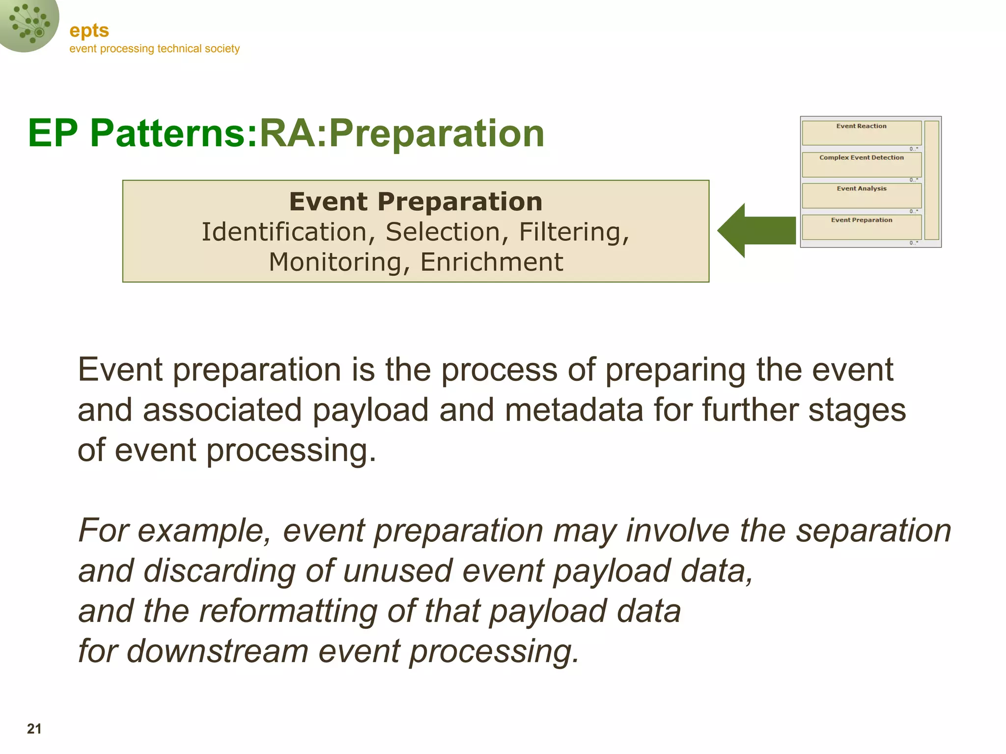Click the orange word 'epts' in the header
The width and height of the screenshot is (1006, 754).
click(89, 30)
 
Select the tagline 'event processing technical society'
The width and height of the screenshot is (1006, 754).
click(154, 49)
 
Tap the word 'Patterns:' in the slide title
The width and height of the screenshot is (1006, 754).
click(174, 133)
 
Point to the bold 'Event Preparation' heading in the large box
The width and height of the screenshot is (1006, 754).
click(416, 202)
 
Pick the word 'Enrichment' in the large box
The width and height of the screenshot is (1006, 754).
click(492, 262)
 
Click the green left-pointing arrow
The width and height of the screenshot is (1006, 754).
click(756, 230)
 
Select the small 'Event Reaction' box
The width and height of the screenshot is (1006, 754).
click(862, 133)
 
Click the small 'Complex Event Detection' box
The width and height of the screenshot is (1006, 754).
click(862, 164)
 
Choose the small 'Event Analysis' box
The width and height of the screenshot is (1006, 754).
click(862, 195)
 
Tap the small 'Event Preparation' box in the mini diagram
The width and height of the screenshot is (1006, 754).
click(862, 227)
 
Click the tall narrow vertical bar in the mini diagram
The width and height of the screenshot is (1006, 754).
click(932, 180)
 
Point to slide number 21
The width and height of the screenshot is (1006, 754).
click(34, 728)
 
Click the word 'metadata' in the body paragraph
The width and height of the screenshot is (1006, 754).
click(574, 410)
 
